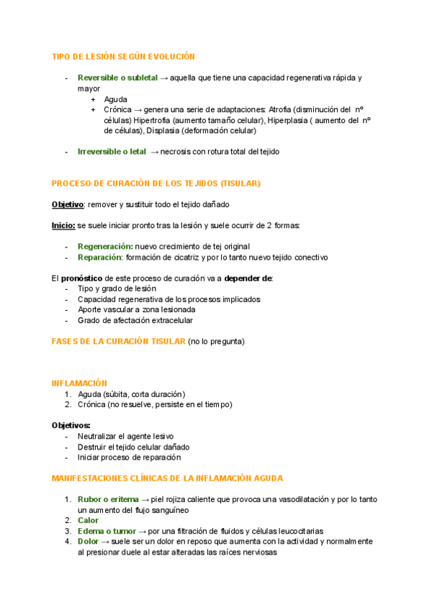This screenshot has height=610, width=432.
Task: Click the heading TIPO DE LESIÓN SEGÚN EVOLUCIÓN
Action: point(123,56)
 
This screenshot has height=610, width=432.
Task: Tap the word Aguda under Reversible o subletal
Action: point(115,99)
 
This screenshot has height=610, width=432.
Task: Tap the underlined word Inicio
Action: point(63,225)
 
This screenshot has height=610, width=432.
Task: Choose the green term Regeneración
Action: point(105,246)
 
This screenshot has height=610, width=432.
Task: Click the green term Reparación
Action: point(100,257)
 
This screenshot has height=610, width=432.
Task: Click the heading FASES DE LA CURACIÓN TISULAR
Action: point(118,341)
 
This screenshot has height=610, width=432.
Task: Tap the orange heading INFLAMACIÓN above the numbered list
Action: point(79,383)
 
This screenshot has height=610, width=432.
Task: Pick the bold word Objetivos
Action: point(71,425)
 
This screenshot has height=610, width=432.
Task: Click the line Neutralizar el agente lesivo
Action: point(125,436)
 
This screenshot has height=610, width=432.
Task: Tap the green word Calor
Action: point(88,520)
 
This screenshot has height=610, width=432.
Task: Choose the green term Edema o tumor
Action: point(107,531)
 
